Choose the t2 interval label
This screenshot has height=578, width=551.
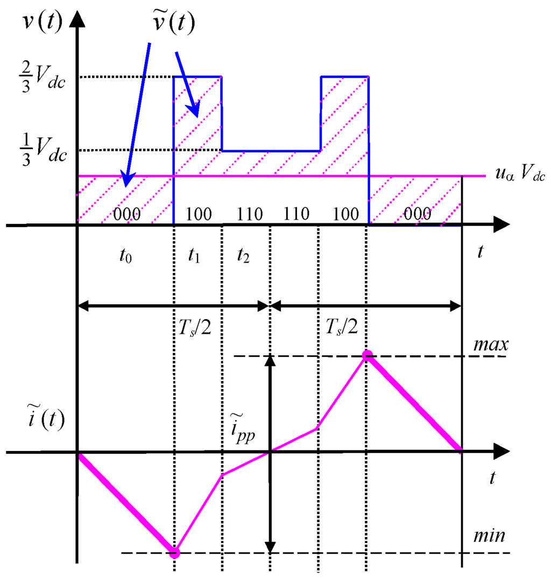243,257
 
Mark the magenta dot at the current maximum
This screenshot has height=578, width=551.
368,355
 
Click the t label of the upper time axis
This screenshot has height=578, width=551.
481,252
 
